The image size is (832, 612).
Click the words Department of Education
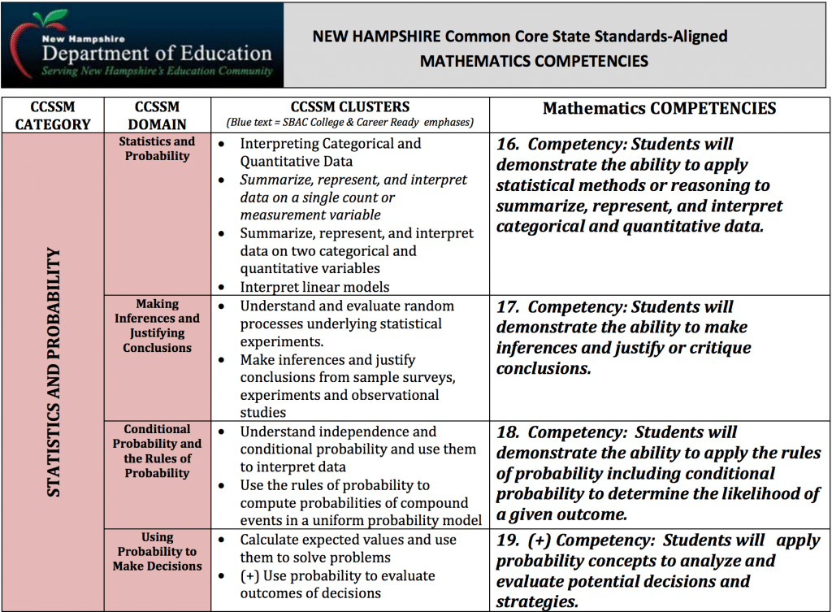[157, 54]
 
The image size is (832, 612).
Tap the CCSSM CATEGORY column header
[52, 116]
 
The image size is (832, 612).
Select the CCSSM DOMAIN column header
[157, 116]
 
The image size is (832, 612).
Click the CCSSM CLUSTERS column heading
[350, 107]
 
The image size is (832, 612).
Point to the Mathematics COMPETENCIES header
[660, 109]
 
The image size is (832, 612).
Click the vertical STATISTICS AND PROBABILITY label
[54, 372]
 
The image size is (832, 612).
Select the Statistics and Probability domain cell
[157, 149]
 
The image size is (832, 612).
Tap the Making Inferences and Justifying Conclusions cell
[157, 326]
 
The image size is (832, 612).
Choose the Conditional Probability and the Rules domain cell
[157, 451]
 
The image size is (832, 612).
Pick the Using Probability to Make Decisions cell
[157, 552]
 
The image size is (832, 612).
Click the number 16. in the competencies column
[508, 145]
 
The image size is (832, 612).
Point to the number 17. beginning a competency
[508, 307]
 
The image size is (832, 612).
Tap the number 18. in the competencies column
[508, 432]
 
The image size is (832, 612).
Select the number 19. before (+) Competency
[508, 541]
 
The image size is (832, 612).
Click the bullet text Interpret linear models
[314, 287]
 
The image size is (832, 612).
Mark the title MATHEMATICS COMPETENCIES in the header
[534, 61]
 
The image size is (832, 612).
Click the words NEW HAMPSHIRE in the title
[375, 37]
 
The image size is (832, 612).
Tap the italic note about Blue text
[349, 124]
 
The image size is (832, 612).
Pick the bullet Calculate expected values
[348, 540]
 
